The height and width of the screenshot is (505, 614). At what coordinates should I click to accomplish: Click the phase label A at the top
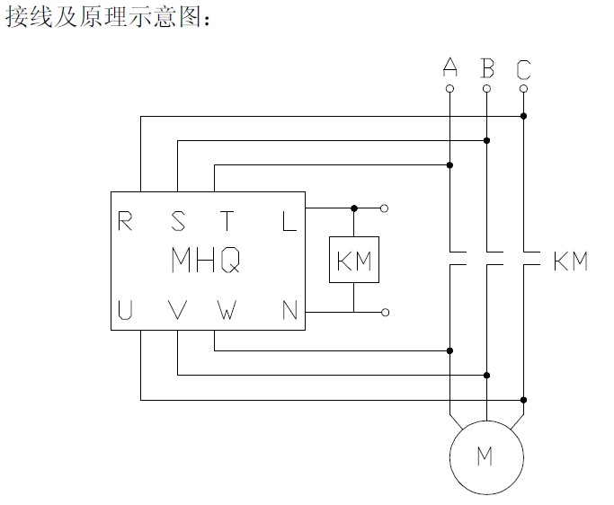pyautogui.click(x=450, y=67)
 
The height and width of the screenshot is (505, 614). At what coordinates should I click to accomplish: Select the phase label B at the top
pyautogui.click(x=487, y=67)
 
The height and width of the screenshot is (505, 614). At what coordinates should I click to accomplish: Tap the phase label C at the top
pyautogui.click(x=524, y=68)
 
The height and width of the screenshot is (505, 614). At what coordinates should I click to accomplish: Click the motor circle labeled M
pyautogui.click(x=485, y=456)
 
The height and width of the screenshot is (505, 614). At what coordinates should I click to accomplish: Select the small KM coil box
pyautogui.click(x=353, y=261)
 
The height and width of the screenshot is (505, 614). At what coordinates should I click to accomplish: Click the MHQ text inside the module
pyautogui.click(x=205, y=261)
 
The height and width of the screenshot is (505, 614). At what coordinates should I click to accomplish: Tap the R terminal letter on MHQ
pyautogui.click(x=127, y=220)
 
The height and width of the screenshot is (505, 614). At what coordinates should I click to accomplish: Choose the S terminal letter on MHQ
pyautogui.click(x=178, y=220)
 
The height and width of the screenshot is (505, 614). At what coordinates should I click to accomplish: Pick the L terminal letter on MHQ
pyautogui.click(x=289, y=220)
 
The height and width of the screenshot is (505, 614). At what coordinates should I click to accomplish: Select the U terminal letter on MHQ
pyautogui.click(x=127, y=311)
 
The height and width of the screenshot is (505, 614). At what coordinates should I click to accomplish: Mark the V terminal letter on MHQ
pyautogui.click(x=178, y=311)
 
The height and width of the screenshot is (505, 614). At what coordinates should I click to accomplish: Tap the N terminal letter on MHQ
pyautogui.click(x=289, y=311)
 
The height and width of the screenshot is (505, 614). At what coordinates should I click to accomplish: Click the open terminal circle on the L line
pyautogui.click(x=385, y=208)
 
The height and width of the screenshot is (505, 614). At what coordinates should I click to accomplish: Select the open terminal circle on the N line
pyautogui.click(x=385, y=312)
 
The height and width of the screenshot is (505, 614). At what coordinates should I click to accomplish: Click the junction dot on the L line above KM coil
pyautogui.click(x=353, y=208)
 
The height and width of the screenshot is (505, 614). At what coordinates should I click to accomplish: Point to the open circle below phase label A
pyautogui.click(x=450, y=89)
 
